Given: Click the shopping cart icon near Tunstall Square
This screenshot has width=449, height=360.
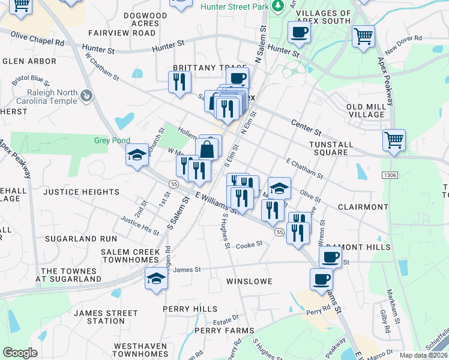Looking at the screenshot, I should click(x=394, y=140).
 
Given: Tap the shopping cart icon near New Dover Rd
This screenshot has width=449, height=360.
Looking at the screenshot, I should click(x=363, y=36).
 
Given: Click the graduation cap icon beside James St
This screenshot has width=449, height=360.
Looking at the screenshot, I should click(x=156, y=278).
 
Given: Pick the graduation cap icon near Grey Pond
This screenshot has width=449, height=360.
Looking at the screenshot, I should click(x=137, y=155).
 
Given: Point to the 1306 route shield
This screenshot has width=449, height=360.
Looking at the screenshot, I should click(x=390, y=175).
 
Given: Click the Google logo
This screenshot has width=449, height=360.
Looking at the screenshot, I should click(x=20, y=352).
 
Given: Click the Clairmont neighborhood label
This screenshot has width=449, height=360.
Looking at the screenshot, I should click(x=363, y=207).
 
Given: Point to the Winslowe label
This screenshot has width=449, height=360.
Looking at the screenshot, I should click(x=249, y=281).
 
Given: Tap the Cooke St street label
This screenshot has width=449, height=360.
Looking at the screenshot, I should click(x=249, y=245).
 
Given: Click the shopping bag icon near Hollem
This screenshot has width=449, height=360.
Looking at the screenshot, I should click(x=206, y=149).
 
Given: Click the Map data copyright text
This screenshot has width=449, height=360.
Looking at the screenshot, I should click(x=424, y=355).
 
